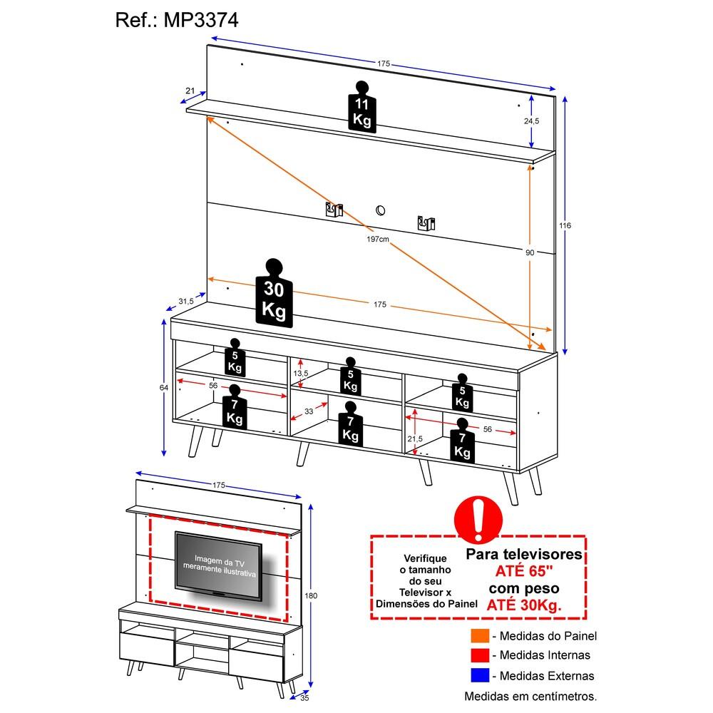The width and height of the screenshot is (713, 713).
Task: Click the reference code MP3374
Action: pyautogui.click(x=200, y=20)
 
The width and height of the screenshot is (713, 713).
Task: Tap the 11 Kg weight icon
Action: pyautogui.click(x=362, y=108)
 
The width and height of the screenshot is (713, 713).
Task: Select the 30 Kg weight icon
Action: pyautogui.click(x=274, y=293)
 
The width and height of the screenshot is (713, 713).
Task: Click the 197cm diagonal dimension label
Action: pyautogui.click(x=378, y=239)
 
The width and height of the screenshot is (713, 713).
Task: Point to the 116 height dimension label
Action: pyautogui.click(x=565, y=225)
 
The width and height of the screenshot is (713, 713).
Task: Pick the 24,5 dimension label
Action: pyautogui.click(x=532, y=121)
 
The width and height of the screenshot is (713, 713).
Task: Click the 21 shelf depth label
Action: pyautogui.click(x=190, y=91)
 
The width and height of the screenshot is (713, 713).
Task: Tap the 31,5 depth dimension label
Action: pyautogui.click(x=185, y=301)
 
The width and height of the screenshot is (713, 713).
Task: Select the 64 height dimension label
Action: pyautogui.click(x=164, y=387)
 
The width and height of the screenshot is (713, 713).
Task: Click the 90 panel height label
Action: pyautogui.click(x=530, y=252)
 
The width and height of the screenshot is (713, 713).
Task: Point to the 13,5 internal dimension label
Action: pyautogui.click(x=301, y=374)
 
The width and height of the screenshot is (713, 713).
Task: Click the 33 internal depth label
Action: pyautogui.click(x=309, y=411)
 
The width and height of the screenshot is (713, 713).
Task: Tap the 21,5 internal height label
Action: pyautogui.click(x=415, y=438)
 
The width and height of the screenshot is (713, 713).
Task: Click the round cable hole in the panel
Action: pyautogui.click(x=380, y=210)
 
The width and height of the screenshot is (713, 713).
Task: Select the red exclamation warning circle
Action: pyautogui.click(x=478, y=519)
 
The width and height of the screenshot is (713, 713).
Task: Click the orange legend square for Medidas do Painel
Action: pyautogui.click(x=480, y=635)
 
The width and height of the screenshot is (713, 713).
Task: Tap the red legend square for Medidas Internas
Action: pyautogui.click(x=480, y=655)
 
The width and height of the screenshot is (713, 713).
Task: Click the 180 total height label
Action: pyautogui.click(x=311, y=595)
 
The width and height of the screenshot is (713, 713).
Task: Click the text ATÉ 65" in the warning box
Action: pyautogui.click(x=524, y=570)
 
